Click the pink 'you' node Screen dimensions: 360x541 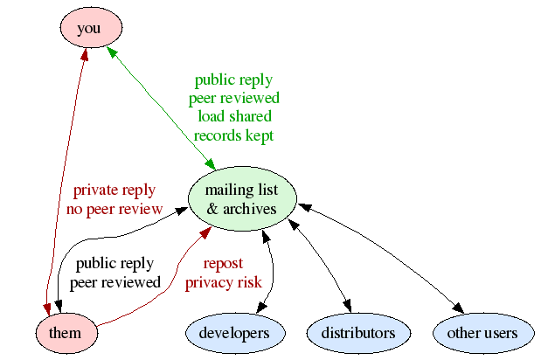[x=89, y=28]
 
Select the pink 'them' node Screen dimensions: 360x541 [x=66, y=332]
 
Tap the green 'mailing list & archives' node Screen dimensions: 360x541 [x=241, y=200]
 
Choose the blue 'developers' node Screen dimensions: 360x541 [x=234, y=332]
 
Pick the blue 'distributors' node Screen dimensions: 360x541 [x=357, y=332]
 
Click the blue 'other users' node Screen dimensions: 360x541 [x=483, y=332]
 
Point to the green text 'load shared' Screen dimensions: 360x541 [x=234, y=116]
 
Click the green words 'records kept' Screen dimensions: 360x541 [x=234, y=135]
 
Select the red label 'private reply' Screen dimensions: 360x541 [x=114, y=190]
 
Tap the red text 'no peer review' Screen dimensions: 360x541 [x=114, y=209]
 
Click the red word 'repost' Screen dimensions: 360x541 [x=223, y=263]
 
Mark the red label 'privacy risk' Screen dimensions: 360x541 [x=223, y=282]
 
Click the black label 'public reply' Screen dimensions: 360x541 [x=114, y=263]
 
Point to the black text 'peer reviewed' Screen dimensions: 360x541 [x=114, y=282]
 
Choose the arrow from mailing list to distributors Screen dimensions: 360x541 [x=319, y=262]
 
